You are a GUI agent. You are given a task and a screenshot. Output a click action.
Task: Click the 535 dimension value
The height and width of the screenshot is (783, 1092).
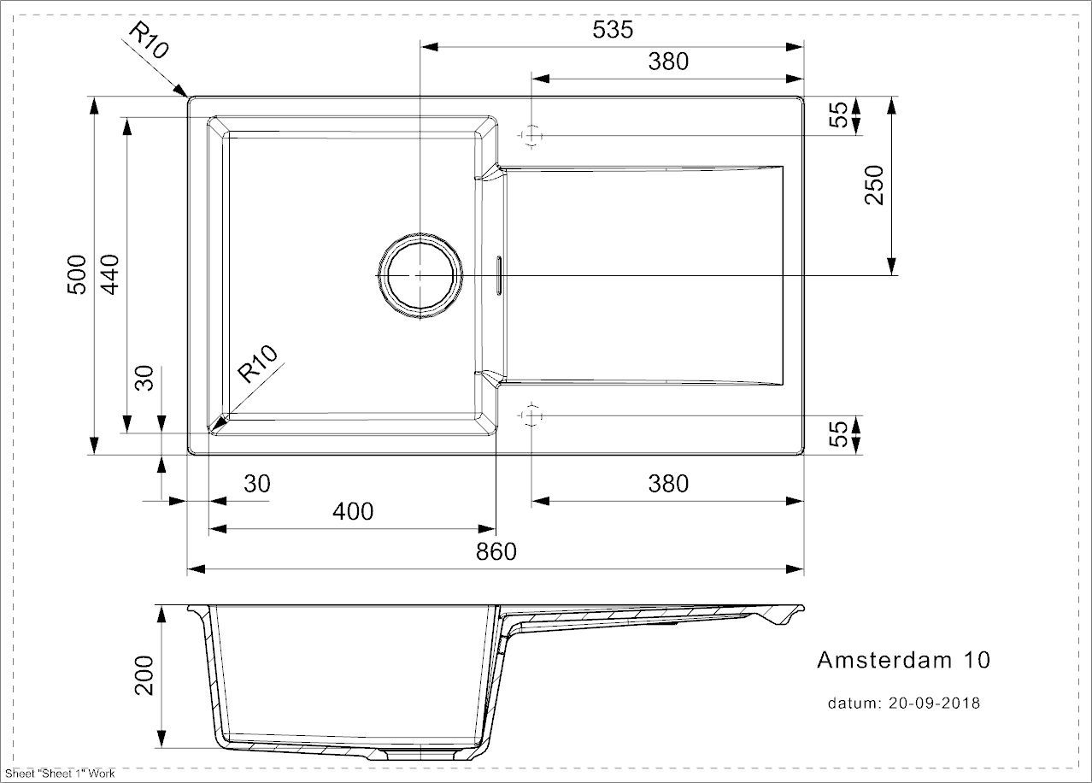(613, 29)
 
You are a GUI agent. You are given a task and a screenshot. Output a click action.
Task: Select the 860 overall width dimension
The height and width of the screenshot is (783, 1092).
(496, 551)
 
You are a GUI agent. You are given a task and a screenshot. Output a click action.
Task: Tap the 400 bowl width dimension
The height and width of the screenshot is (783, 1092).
(353, 511)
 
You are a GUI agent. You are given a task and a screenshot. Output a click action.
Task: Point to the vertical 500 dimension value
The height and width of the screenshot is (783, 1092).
(77, 274)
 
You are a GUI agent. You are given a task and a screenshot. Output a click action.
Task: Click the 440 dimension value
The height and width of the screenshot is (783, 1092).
(109, 274)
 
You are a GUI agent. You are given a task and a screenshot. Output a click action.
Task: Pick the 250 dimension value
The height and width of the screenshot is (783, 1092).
(874, 185)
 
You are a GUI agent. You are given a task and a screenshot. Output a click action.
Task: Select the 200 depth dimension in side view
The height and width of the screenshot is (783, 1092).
(144, 675)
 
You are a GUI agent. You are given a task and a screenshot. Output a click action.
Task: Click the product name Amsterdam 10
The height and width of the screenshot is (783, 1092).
(904, 660)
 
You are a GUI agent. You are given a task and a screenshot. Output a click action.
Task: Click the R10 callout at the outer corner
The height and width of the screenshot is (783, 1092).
(147, 40)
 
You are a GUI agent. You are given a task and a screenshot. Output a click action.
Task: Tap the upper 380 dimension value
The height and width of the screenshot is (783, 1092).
(667, 62)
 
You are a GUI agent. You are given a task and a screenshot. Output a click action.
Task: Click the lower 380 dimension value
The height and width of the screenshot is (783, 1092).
(667, 484)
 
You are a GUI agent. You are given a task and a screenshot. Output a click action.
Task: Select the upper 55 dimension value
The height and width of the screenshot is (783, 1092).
(841, 115)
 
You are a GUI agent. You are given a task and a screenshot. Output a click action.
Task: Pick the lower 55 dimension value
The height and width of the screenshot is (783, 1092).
(841, 434)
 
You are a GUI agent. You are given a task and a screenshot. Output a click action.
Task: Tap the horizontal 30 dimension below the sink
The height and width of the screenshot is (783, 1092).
(256, 484)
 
